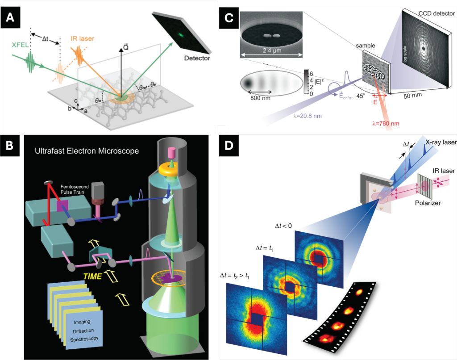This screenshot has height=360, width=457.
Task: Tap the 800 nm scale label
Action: click(x=258, y=97)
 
